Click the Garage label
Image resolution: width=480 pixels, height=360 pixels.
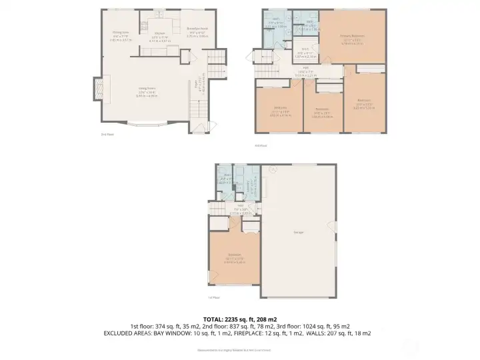(298, 232)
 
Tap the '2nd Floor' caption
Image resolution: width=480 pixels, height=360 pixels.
(107, 134)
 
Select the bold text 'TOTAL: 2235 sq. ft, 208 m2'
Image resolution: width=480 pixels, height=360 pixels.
(239, 319)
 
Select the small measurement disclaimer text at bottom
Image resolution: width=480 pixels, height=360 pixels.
(240, 349)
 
